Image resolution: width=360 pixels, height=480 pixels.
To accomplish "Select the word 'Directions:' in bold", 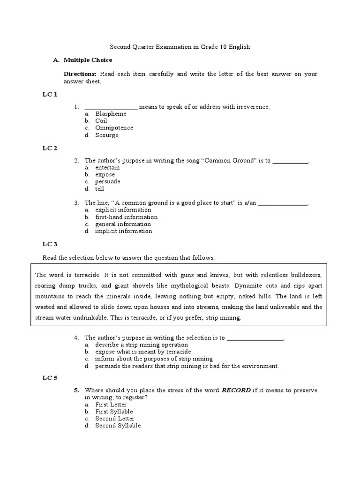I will pyautogui.click(x=80, y=74).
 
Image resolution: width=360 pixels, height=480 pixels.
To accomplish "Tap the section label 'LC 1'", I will pyautogui.click(x=50, y=95).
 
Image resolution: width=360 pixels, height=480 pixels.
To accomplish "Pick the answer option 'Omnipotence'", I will pyautogui.click(x=114, y=128).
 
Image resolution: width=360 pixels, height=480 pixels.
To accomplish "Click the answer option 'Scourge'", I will pyautogui.click(x=107, y=135).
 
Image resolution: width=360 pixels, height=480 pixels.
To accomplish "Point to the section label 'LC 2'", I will pyautogui.click(x=50, y=148).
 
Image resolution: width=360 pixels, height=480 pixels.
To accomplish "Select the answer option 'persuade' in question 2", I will pyautogui.click(x=107, y=181).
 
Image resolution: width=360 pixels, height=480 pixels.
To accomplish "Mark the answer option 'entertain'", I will pyautogui.click(x=107, y=167).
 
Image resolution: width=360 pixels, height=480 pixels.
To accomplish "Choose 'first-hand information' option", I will pyautogui.click(x=126, y=217).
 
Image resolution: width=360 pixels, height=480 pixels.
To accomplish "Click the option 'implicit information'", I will pyautogui.click(x=123, y=231).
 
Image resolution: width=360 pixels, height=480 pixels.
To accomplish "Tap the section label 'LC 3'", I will pyautogui.click(x=50, y=244).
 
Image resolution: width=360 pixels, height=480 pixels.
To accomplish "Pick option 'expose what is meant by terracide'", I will pyautogui.click(x=143, y=352).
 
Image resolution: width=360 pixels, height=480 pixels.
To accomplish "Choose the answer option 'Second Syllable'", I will pyautogui.click(x=118, y=426).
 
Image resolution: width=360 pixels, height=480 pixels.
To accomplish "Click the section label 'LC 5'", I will pyautogui.click(x=50, y=378).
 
